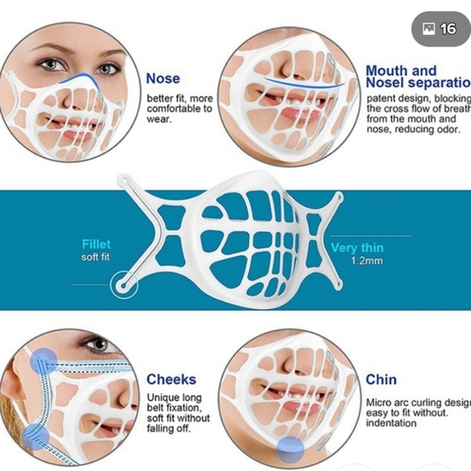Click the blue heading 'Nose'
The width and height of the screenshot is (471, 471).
pos(162,79)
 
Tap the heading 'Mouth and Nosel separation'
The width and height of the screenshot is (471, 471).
pos(415,77)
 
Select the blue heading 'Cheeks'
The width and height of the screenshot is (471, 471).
pos(171,379)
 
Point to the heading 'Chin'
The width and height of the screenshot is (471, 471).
pos(381,379)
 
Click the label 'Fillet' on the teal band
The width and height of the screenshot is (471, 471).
pos(96,244)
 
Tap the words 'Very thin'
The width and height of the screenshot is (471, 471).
pos(356,247)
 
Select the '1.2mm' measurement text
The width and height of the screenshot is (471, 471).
pos(366,261)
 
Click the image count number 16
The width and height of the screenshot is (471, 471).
pos(448,28)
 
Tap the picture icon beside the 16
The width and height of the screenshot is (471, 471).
pos(429,29)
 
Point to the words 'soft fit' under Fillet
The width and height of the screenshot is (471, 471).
pos(96,257)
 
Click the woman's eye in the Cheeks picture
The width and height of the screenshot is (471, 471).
pos(98,344)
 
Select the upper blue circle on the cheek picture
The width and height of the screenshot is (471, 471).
pos(44,359)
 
